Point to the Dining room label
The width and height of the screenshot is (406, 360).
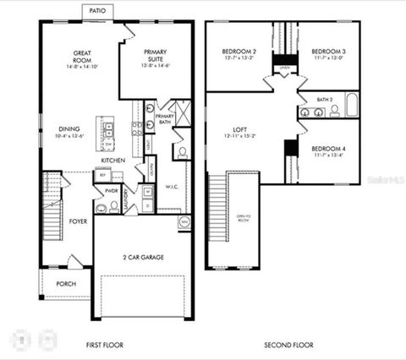69,128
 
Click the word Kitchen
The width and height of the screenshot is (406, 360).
113,160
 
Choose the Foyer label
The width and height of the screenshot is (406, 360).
78,221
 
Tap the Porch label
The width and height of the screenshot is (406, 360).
65,284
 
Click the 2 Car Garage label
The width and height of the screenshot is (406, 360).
143,257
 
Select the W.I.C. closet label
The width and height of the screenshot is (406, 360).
171,187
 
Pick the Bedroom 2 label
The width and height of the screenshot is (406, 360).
239,52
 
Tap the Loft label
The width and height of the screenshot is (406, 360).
239,129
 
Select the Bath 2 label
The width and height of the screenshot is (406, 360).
325,99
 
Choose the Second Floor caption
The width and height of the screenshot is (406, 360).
288,345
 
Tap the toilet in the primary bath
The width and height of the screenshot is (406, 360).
181,153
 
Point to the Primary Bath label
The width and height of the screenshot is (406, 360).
164,119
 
